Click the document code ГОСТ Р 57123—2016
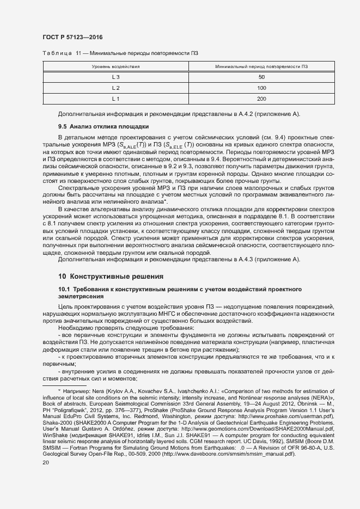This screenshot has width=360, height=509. [x=72, y=38]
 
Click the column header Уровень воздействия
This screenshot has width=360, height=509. [x=115, y=66]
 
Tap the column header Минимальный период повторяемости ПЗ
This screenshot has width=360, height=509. [x=261, y=66]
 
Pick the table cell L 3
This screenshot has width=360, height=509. [x=115, y=77]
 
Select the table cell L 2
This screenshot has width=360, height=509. [x=115, y=88]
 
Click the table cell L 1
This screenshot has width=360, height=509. [x=115, y=99]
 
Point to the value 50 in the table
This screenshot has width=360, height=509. [x=261, y=77]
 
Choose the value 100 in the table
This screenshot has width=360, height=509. [x=261, y=88]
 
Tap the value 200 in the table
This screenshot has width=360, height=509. [x=261, y=99]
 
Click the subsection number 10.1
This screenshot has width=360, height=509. [x=65, y=288]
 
